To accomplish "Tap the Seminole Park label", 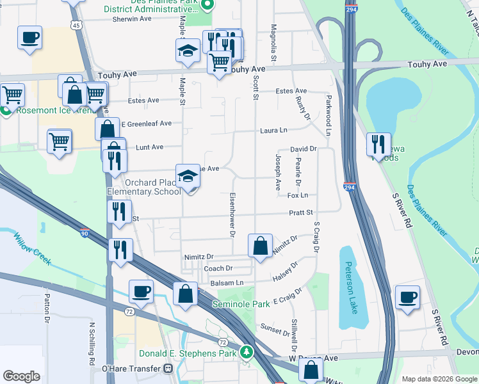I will (241, 305).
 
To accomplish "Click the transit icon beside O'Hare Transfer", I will (168, 369).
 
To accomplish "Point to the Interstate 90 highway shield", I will (85, 233).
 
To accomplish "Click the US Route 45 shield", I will (76, 25).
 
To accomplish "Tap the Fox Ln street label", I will (298, 195).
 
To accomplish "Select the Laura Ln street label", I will (273, 131).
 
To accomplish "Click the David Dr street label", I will (304, 149).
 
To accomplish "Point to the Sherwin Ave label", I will (132, 19).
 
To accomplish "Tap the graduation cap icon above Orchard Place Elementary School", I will (188, 177).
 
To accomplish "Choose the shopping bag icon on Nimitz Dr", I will (260, 246).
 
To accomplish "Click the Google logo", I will (21, 376).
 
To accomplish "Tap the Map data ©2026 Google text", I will (439, 379).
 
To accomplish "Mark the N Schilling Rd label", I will (92, 342).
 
